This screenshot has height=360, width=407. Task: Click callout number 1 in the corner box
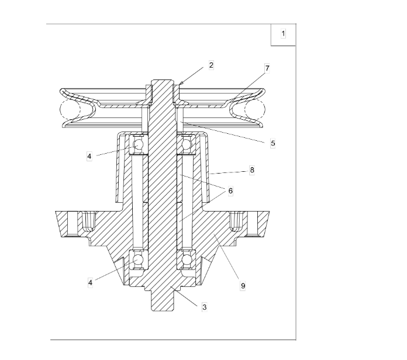(x=283, y=33)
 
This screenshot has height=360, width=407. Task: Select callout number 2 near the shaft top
(x=211, y=65)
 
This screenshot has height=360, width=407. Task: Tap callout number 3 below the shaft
(x=205, y=307)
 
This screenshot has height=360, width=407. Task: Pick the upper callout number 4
(x=89, y=157)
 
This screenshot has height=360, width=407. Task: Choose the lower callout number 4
(x=90, y=282)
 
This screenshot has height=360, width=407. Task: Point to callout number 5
(x=273, y=143)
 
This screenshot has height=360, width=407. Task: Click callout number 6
(x=230, y=191)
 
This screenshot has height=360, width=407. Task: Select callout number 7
(x=267, y=68)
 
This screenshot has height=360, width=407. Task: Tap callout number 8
(x=252, y=170)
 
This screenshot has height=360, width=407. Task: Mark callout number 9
(x=243, y=286)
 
